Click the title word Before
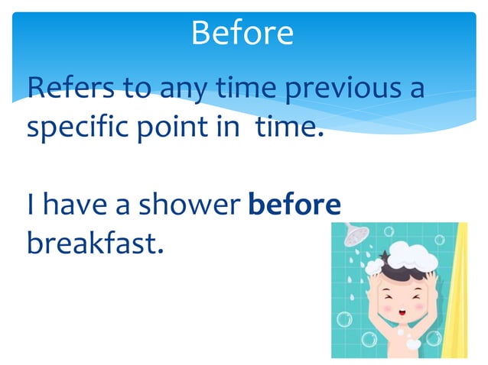coord(242,32)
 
